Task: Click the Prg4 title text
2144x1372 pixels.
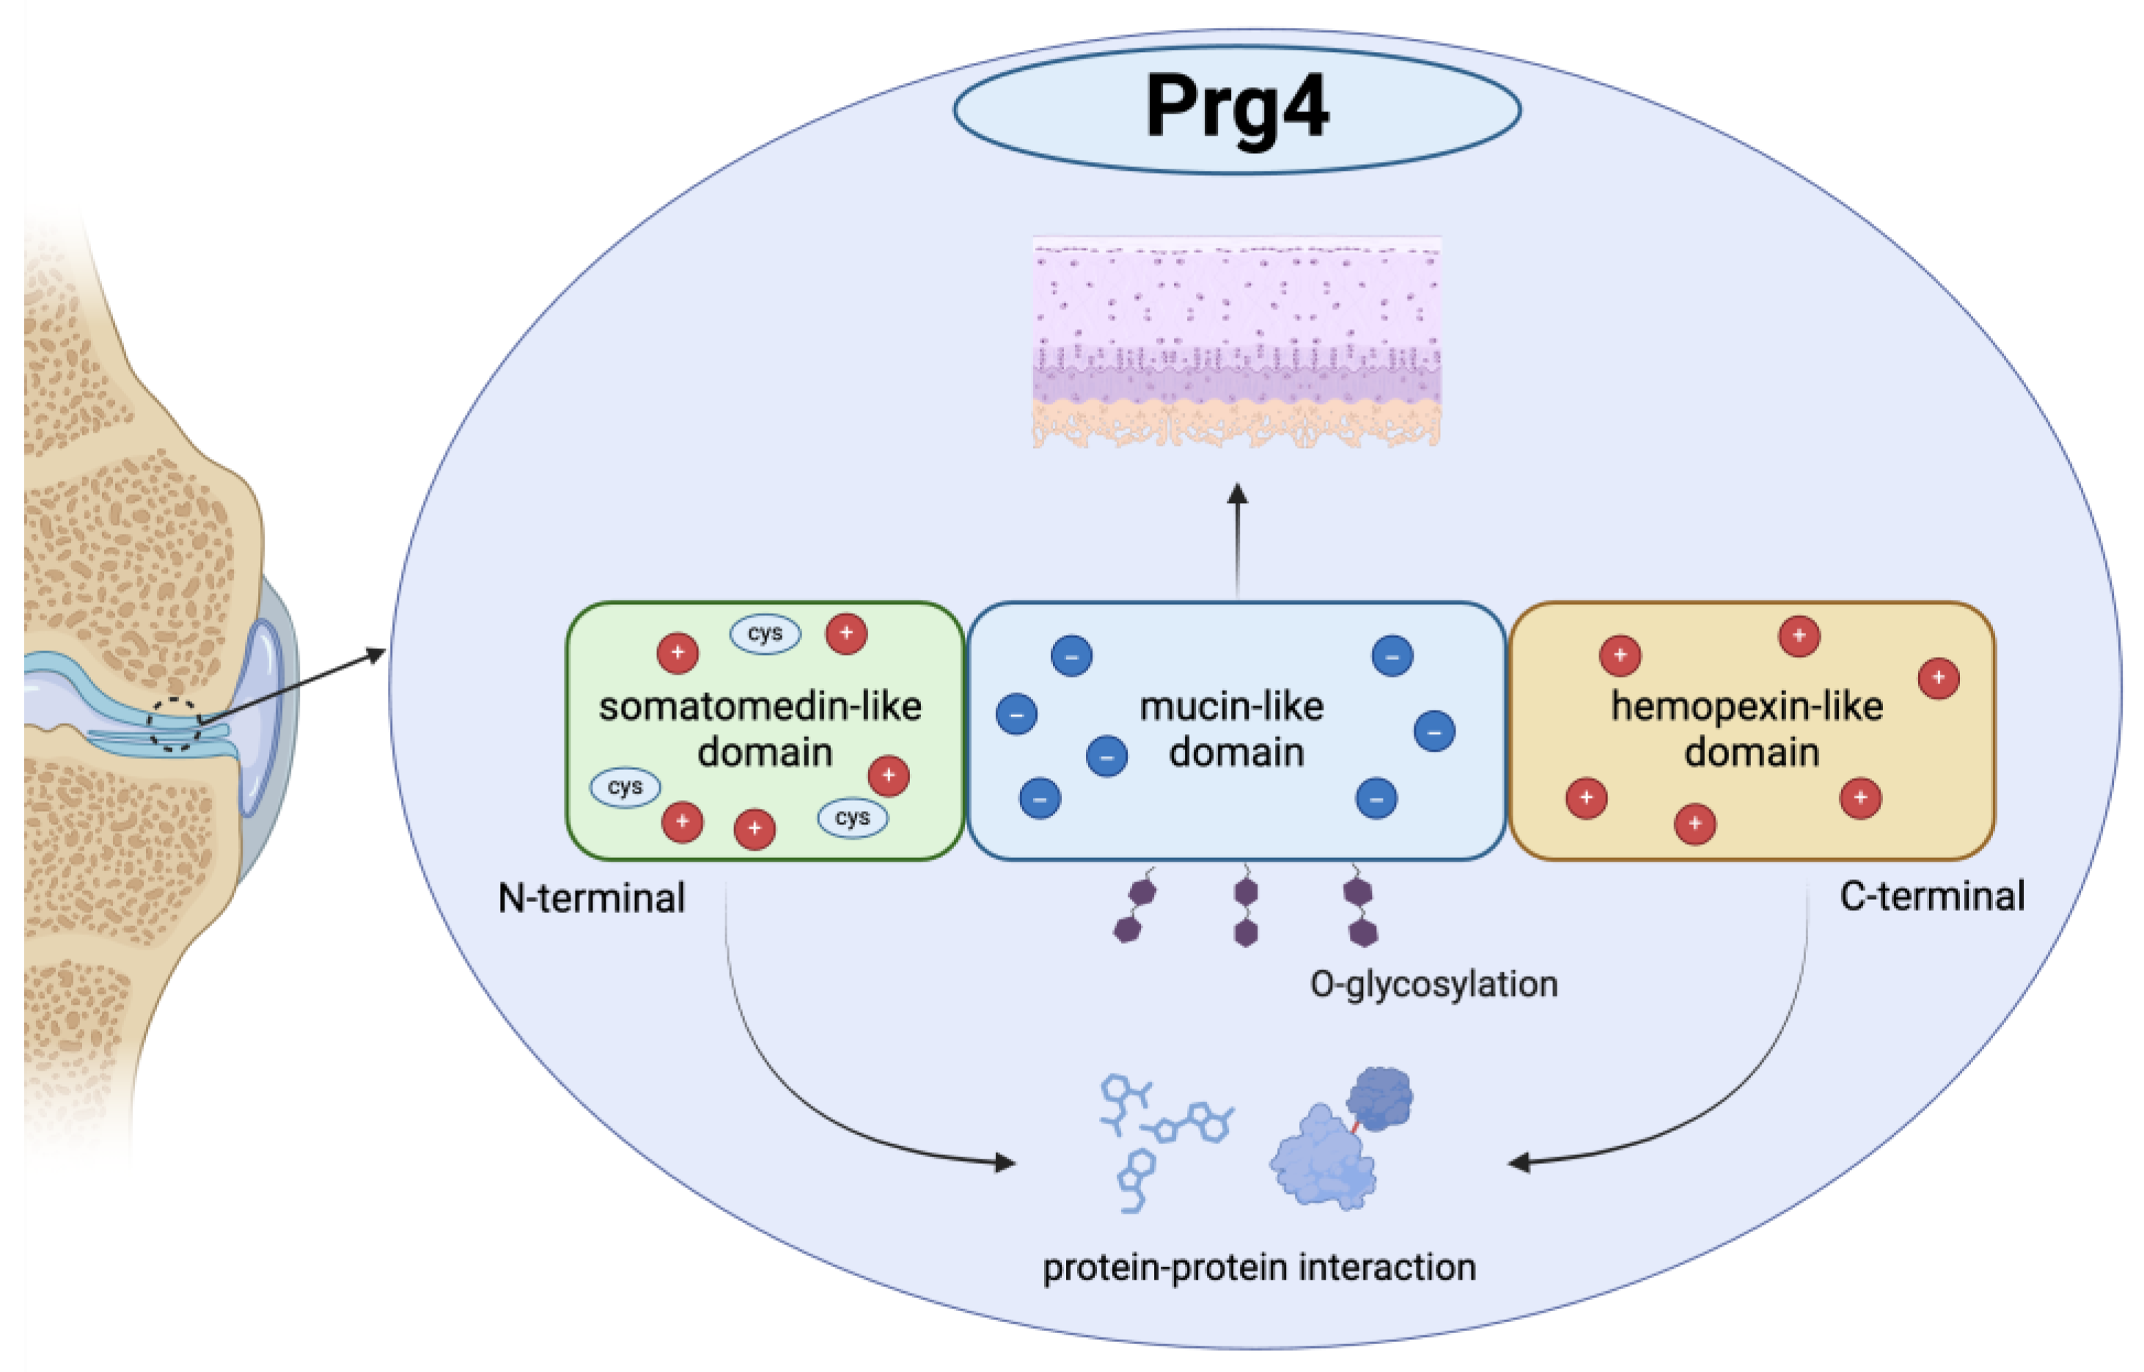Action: click(1236, 107)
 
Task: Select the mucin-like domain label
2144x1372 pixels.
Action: click(1233, 729)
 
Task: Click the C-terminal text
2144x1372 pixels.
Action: click(1932, 896)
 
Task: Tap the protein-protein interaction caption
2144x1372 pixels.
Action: click(1258, 1267)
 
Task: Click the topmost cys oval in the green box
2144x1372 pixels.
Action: click(766, 634)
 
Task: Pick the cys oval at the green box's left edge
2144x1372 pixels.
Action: click(625, 788)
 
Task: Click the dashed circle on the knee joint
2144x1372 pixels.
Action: click(175, 724)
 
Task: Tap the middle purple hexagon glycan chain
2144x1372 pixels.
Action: click(1245, 911)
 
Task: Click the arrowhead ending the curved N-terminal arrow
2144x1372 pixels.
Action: click(1005, 1162)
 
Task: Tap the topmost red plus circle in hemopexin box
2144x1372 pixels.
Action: click(1799, 636)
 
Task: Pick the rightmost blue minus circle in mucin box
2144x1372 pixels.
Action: click(1434, 731)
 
